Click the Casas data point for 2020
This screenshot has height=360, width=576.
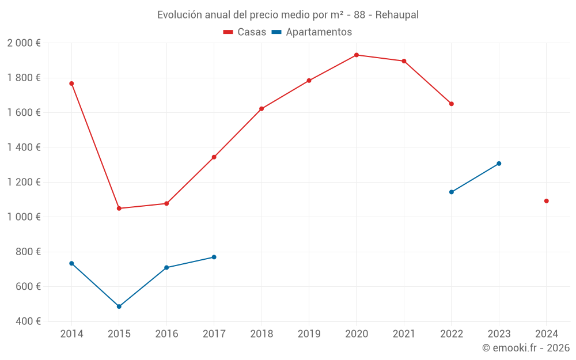click(357, 55)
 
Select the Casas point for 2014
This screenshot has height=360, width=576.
click(71, 84)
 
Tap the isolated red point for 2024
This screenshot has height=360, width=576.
click(546, 201)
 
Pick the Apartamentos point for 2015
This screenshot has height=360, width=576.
click(119, 306)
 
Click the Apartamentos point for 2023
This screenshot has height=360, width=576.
click(499, 164)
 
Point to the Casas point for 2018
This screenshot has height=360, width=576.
click(262, 109)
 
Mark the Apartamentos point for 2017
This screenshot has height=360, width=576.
click(214, 257)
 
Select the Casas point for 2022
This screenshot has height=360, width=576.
click(452, 104)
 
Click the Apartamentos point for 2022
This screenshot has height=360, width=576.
click(452, 192)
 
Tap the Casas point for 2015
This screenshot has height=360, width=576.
click(119, 209)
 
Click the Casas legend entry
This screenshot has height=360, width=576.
click(245, 32)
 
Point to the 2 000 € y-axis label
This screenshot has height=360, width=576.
click(24, 43)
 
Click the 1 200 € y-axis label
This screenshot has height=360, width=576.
click(24, 182)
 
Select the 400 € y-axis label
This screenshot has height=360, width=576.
click(27, 321)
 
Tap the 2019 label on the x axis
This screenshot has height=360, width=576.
click(309, 334)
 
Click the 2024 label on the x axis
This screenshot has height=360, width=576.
click(546, 334)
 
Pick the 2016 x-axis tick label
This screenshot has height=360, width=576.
click(166, 334)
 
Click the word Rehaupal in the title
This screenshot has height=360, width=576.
click(397, 15)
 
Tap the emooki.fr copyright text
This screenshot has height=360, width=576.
click(526, 348)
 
